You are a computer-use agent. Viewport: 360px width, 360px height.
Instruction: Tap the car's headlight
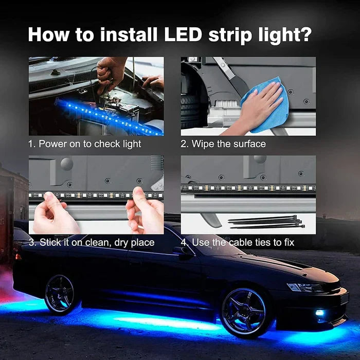[x=303, y=287]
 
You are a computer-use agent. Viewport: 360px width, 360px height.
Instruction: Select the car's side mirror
[x=182, y=250]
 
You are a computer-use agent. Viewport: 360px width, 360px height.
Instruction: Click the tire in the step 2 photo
[x=192, y=111]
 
